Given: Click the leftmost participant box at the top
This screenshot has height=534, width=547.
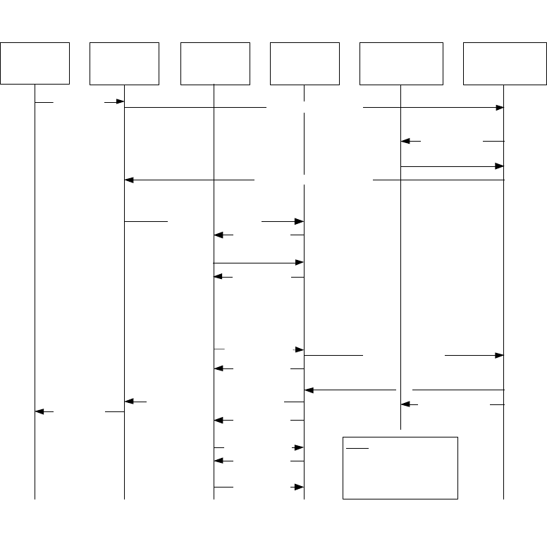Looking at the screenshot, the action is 35,63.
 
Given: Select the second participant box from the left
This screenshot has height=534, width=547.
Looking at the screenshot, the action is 124,63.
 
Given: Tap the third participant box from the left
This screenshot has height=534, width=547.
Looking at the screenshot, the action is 215,63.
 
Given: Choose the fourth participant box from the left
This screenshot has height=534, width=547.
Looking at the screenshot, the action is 305,63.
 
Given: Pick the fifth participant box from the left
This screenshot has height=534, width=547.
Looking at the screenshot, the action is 401,63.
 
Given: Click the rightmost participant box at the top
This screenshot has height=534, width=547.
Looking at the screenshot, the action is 505,63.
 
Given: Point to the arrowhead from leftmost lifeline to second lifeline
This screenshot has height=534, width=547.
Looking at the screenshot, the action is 120,102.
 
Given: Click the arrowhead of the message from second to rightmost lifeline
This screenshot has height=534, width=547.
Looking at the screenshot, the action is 500,108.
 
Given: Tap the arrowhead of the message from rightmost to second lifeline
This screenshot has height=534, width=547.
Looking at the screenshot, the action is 129,180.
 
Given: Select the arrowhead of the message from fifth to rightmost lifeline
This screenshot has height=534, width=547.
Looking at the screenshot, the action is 500,166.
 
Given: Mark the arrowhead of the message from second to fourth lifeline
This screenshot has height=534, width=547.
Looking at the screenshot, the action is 299,221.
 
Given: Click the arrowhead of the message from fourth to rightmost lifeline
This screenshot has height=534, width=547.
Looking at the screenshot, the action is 500,356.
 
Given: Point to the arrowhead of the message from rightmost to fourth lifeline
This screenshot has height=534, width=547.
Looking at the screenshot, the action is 309,390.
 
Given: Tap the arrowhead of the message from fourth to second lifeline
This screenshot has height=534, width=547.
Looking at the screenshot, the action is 129,402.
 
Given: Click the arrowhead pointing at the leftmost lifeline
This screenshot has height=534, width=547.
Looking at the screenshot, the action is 39,411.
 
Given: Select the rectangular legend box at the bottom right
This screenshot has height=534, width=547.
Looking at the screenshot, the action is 400,468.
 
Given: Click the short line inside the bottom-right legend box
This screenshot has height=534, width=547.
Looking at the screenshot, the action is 358,447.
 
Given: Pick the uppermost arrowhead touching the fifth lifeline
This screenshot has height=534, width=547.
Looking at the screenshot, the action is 405,141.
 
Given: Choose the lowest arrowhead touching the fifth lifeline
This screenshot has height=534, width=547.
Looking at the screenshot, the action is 405,404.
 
